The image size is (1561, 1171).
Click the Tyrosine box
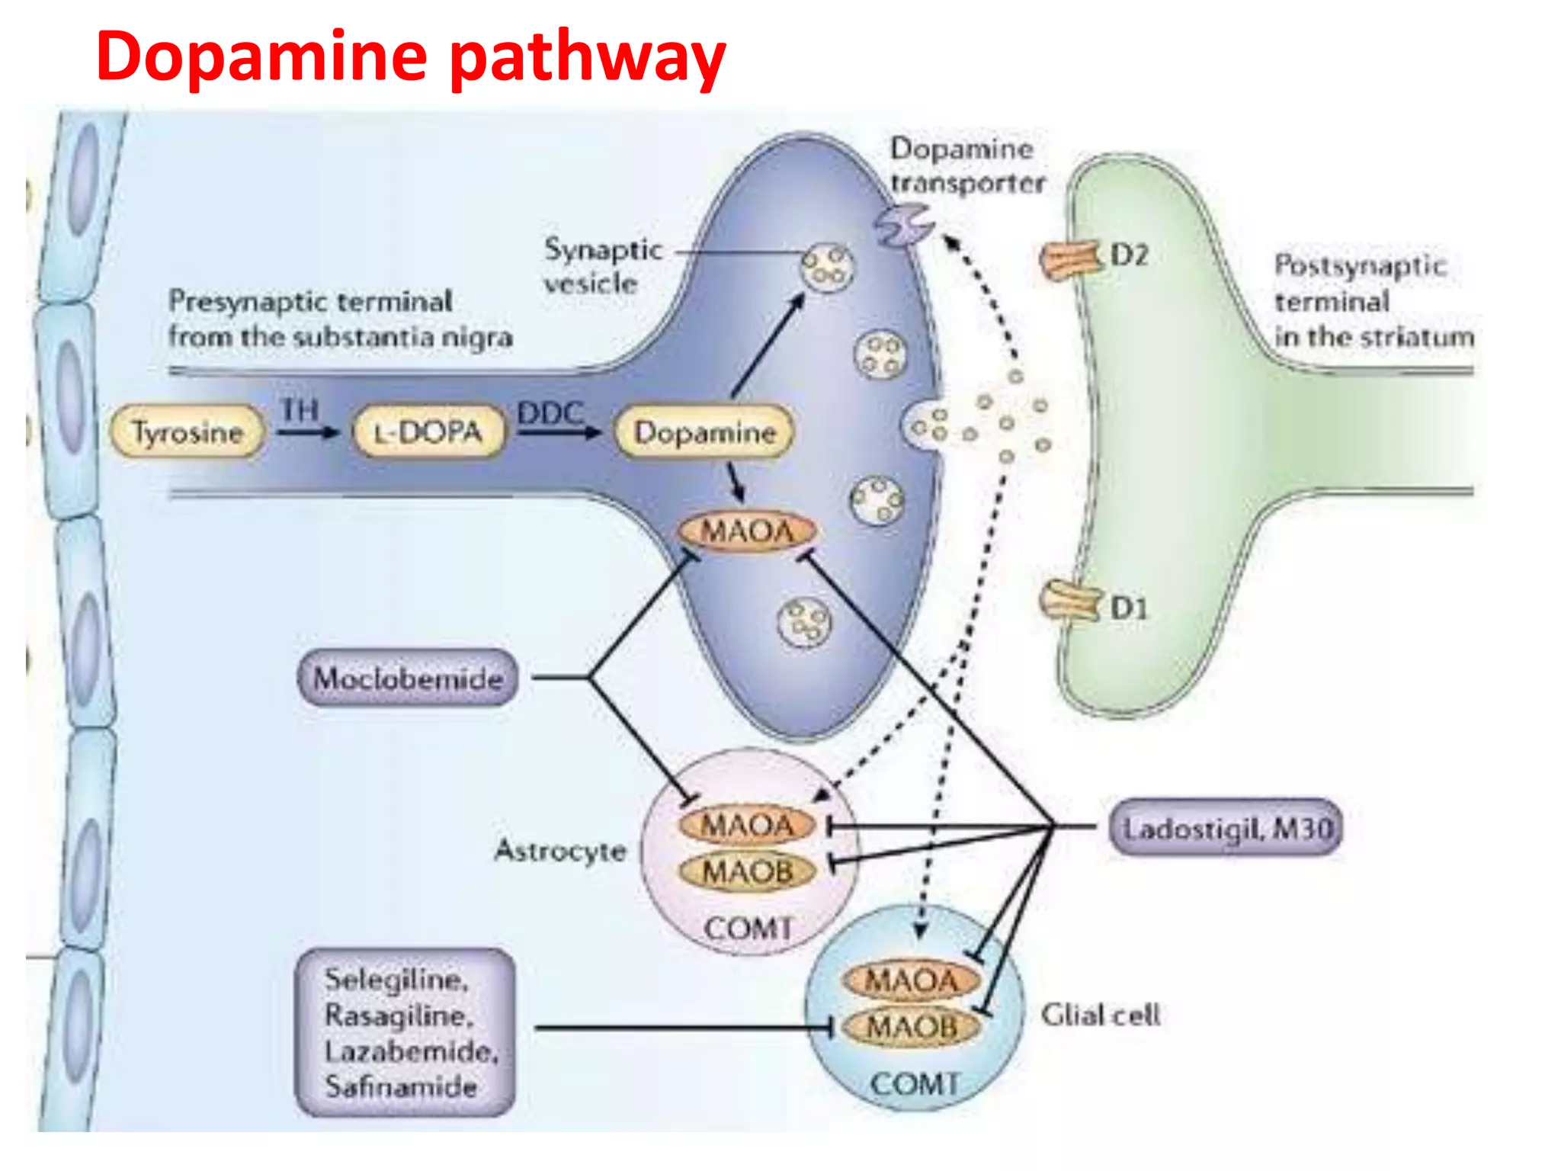tap(188, 432)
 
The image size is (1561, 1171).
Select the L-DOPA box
tap(429, 432)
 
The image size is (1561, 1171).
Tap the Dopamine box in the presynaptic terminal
tap(704, 432)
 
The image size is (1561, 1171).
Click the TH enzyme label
tap(299, 410)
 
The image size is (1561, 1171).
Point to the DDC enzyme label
tap(550, 413)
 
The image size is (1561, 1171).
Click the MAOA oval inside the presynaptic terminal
tap(747, 531)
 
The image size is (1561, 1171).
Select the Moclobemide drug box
tap(408, 678)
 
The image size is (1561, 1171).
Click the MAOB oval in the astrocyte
tap(748, 871)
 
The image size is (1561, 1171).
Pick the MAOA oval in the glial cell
tap(912, 980)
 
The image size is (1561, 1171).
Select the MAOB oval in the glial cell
tap(912, 1027)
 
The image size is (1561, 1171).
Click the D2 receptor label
tap(1129, 255)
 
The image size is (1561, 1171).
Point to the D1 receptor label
tap(1129, 608)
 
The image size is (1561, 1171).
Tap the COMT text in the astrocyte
tap(748, 928)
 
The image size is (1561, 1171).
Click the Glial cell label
tap(1101, 1015)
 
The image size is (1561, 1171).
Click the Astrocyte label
tap(560, 850)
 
